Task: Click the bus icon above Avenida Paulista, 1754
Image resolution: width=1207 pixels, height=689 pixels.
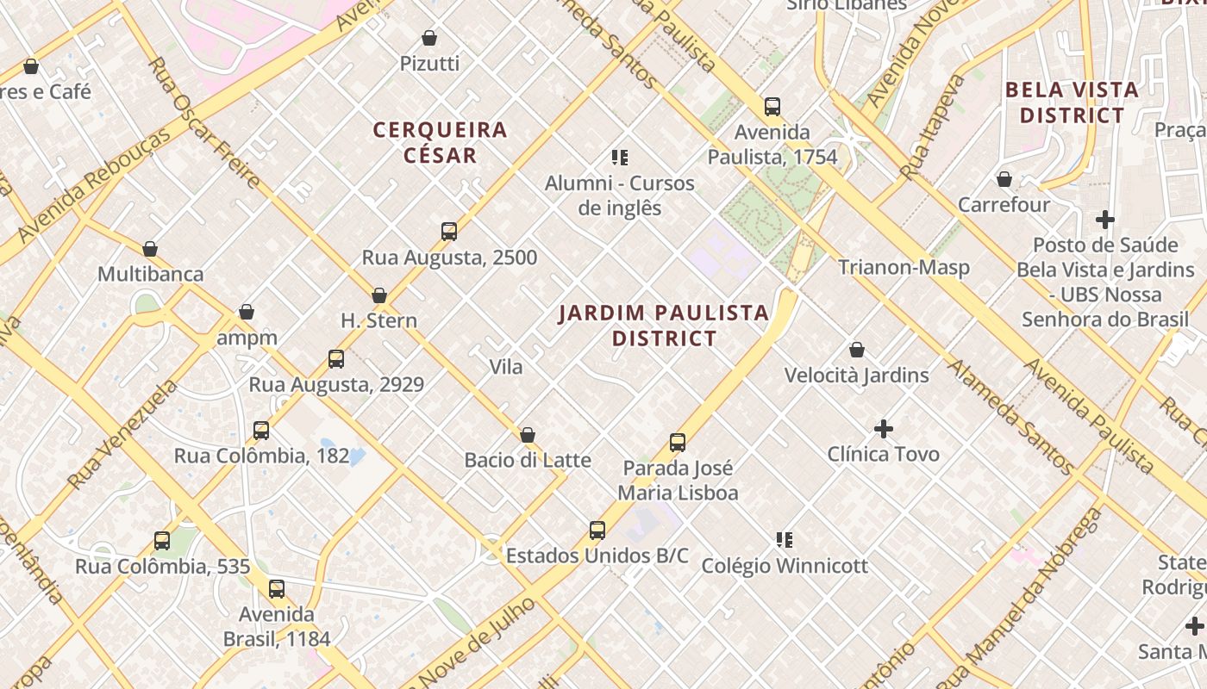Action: [x=772, y=107]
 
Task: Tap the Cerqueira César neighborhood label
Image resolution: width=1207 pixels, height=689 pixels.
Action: [x=440, y=142]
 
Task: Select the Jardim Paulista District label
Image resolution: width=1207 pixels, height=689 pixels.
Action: [x=664, y=325]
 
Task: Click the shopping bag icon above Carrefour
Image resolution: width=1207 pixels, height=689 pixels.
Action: [x=1004, y=179]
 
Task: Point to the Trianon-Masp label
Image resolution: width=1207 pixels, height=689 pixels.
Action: [x=904, y=267]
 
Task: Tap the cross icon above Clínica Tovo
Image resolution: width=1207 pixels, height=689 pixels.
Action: [x=883, y=428]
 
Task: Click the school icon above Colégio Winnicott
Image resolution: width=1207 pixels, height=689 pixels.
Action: [x=785, y=540]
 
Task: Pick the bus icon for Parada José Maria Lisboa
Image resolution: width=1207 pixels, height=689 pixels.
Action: [x=678, y=443]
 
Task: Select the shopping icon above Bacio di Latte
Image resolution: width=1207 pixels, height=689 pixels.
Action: [x=528, y=435]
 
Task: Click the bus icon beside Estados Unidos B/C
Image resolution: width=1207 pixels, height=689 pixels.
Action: [x=597, y=530]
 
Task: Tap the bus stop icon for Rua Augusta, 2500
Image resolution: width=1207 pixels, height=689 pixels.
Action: [x=449, y=231]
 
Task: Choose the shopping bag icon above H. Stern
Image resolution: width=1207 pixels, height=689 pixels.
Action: [x=378, y=295]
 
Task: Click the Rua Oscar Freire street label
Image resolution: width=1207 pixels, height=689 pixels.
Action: [x=203, y=122]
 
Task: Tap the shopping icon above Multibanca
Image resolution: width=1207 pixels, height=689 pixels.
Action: [x=150, y=249]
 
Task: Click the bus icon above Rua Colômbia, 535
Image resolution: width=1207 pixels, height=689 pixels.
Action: [x=162, y=541]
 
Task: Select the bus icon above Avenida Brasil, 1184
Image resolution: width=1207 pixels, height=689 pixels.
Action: [x=277, y=589]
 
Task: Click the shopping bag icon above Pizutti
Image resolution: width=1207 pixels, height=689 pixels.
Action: [x=429, y=38]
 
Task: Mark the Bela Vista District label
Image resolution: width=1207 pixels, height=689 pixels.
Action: [x=1072, y=102]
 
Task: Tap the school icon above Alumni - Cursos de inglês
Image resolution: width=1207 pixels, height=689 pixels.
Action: [x=619, y=157]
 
